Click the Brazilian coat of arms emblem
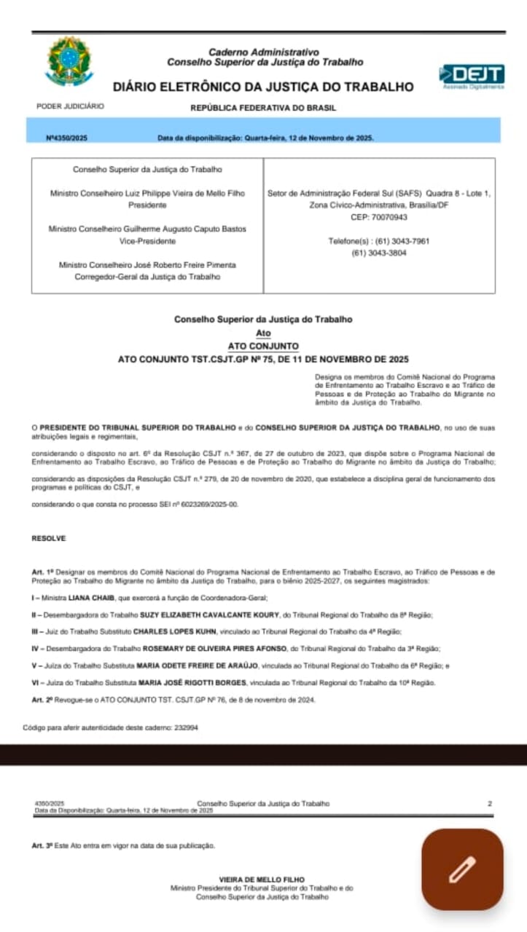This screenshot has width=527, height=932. point(69,61)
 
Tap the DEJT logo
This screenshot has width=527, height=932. point(472,75)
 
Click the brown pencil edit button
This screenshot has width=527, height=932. point(462,869)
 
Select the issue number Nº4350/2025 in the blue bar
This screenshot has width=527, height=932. point(67,138)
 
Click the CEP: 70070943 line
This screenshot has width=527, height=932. point(379,217)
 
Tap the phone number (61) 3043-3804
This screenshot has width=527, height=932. point(379,253)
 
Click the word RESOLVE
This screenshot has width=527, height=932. point(48,538)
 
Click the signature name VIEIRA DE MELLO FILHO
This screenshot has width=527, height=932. point(262,880)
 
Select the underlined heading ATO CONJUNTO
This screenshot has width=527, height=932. point(263,346)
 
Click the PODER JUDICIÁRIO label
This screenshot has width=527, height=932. point(70,106)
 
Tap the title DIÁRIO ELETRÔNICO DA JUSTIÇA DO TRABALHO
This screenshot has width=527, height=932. point(263,87)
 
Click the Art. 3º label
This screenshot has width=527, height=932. point(43,845)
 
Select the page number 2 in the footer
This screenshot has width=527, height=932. point(490,803)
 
